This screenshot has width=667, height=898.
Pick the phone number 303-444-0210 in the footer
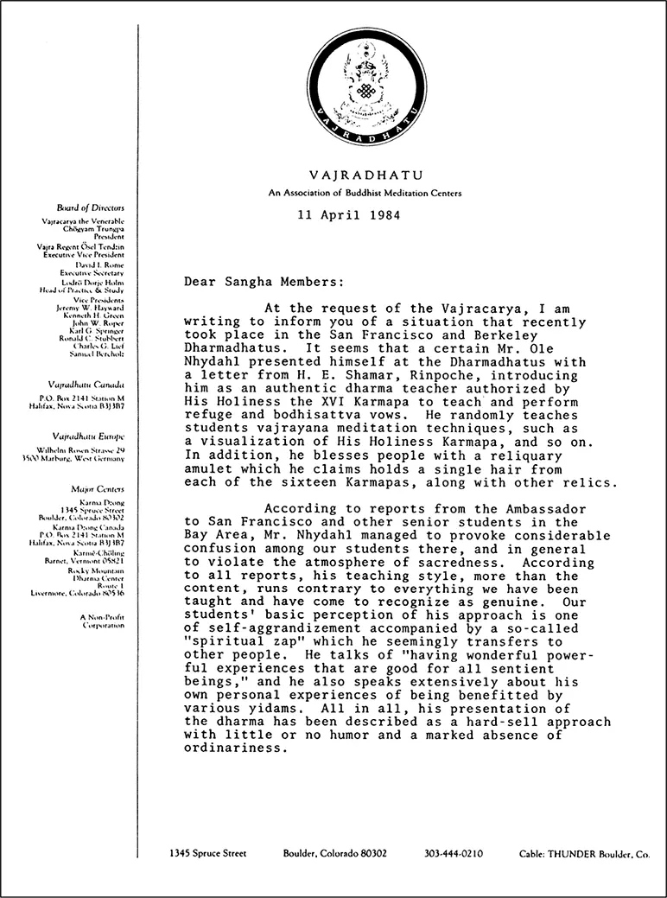click(x=454, y=853)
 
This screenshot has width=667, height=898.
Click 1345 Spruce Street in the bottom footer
click(x=208, y=853)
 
